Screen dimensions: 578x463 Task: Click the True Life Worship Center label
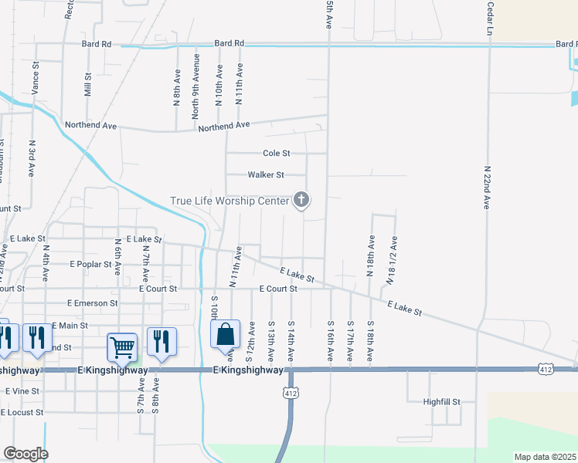coord(229,201)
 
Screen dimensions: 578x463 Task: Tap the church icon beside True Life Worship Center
coord(301,201)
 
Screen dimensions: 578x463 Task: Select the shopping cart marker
coord(123,348)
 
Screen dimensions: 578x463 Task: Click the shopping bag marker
coord(225,336)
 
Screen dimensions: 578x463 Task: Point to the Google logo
coord(25,454)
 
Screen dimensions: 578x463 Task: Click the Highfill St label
coord(441,402)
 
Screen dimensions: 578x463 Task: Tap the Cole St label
coord(276,154)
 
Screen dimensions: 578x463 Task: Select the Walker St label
coord(266,175)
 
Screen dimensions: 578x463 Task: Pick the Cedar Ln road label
coord(489,19)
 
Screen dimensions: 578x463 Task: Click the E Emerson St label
coord(92,303)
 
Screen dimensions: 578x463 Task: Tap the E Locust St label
coord(22,412)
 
